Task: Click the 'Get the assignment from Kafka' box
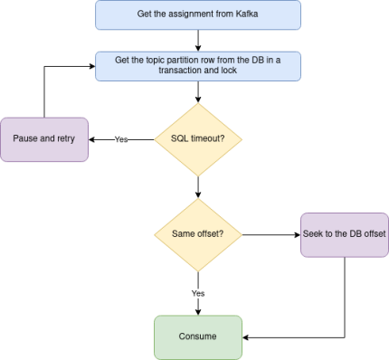pyautogui.click(x=197, y=14)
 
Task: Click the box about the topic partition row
pyautogui.click(x=197, y=65)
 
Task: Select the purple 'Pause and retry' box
pyautogui.click(x=43, y=139)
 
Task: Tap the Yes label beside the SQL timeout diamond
pyautogui.click(x=120, y=139)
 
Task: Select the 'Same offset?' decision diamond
pyautogui.click(x=198, y=234)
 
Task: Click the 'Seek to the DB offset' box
pyautogui.click(x=344, y=234)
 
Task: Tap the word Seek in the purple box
pyautogui.click(x=313, y=234)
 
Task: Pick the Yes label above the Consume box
pyautogui.click(x=198, y=294)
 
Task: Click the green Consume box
pyautogui.click(x=198, y=336)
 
